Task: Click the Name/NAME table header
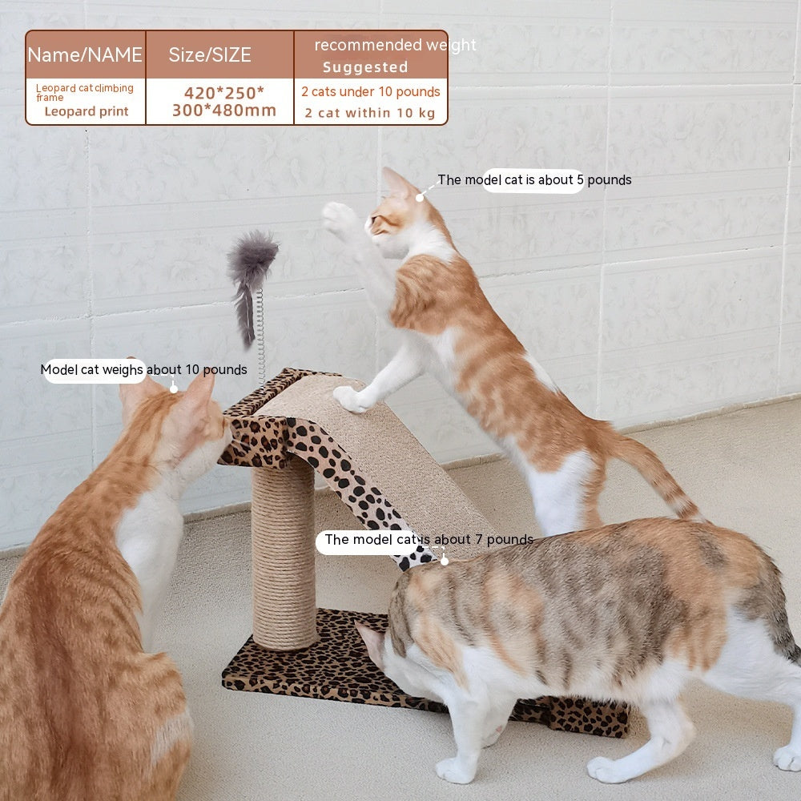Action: click(x=85, y=54)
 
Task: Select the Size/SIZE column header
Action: click(x=210, y=54)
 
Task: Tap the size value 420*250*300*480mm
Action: click(x=223, y=102)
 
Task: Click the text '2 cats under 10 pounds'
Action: click(x=371, y=91)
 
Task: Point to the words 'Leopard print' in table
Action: click(x=87, y=111)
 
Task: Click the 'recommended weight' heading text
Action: click(x=394, y=45)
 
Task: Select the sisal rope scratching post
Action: click(x=284, y=553)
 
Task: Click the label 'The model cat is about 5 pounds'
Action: click(x=533, y=180)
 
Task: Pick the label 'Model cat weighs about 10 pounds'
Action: click(x=143, y=370)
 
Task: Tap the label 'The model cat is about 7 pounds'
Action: click(x=429, y=540)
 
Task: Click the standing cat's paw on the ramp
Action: click(x=351, y=398)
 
